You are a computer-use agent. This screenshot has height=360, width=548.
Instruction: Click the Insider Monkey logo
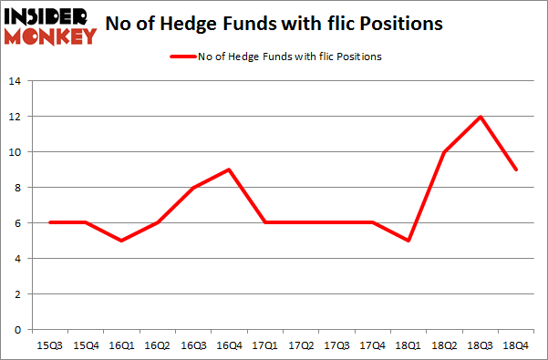[x=50, y=26]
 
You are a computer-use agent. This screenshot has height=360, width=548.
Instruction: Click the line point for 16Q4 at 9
[x=229, y=170]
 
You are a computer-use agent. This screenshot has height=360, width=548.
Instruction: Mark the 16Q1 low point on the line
[x=122, y=241]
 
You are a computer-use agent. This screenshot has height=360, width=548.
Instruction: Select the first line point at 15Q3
[x=51, y=223]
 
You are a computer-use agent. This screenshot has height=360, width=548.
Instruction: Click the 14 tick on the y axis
[x=15, y=81]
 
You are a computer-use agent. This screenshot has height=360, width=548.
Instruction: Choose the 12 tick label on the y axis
[x=15, y=117]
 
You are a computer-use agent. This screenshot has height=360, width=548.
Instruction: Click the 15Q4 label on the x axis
[x=87, y=346]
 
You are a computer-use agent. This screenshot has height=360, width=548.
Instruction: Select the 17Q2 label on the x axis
[x=300, y=346]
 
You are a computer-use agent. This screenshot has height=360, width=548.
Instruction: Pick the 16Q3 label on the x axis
[x=193, y=346]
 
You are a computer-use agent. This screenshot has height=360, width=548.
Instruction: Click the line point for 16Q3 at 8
[x=193, y=188]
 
